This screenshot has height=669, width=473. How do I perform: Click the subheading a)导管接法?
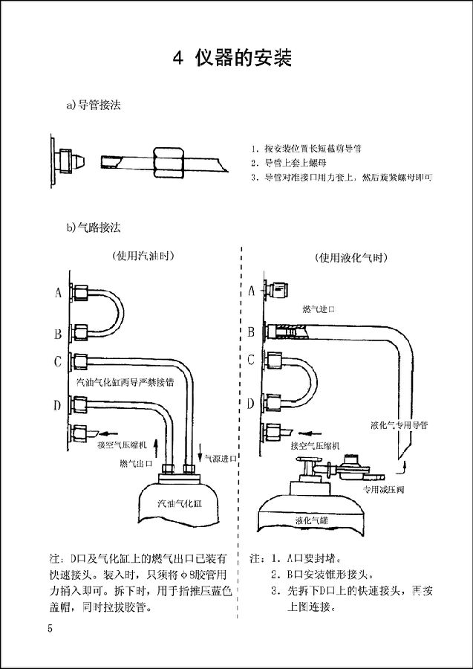tap(94, 106)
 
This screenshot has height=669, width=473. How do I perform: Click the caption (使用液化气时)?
tap(351, 258)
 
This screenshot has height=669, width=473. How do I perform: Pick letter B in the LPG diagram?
tap(250, 332)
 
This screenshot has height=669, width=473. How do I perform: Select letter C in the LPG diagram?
tap(250, 361)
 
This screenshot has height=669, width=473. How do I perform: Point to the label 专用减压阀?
tap(382, 490)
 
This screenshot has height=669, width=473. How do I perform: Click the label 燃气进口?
tap(319, 308)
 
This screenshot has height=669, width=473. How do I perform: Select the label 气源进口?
tap(221, 459)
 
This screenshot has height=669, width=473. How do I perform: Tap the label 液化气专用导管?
tap(403, 425)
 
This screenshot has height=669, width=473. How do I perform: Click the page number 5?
tap(50, 629)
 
